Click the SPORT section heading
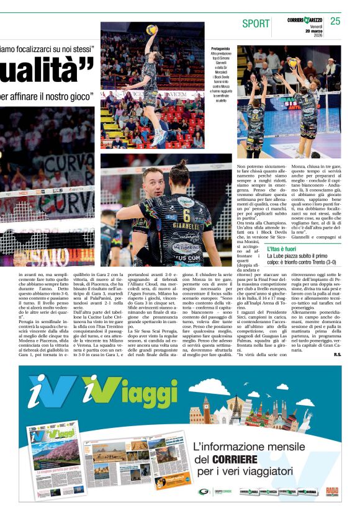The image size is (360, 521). coord(256,24)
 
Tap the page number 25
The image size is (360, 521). coord(335,21)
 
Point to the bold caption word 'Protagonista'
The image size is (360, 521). coord(220,48)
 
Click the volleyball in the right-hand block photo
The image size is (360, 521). coord(292,63)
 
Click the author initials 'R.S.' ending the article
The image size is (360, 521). coord(337,354)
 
